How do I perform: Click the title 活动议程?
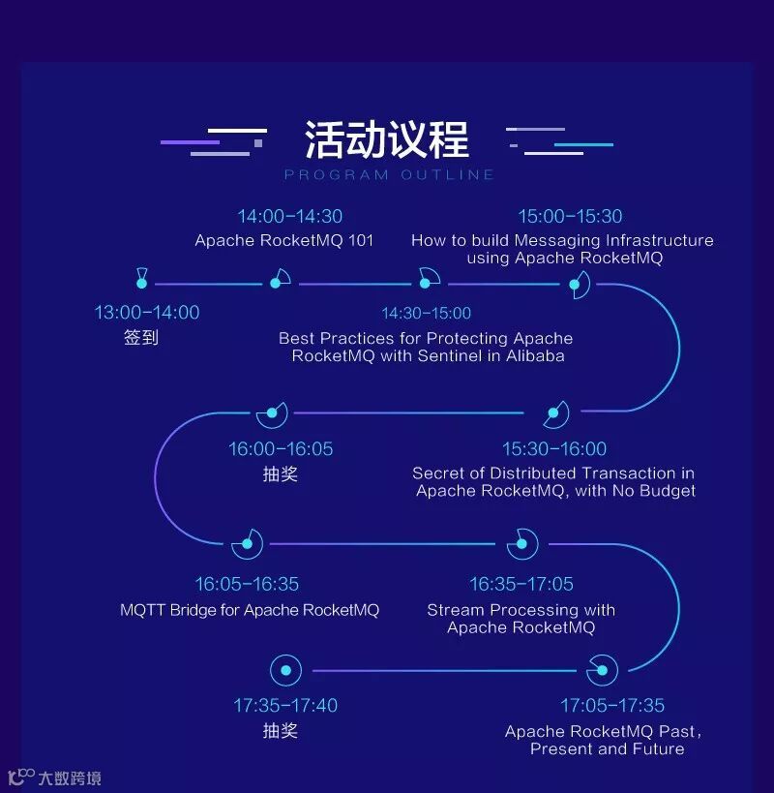387,139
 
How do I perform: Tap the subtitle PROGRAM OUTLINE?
389,175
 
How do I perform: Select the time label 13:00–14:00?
147,313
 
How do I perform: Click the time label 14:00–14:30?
290,217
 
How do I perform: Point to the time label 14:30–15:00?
427,314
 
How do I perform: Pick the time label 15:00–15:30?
570,217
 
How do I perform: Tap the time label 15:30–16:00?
554,449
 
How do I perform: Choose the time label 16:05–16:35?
247,585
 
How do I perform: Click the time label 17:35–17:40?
285,706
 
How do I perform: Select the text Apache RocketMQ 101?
283,241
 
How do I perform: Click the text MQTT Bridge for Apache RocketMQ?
250,611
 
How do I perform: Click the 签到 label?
141,339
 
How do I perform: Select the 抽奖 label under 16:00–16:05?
281,474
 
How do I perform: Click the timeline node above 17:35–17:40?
285,670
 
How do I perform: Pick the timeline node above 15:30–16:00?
554,413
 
